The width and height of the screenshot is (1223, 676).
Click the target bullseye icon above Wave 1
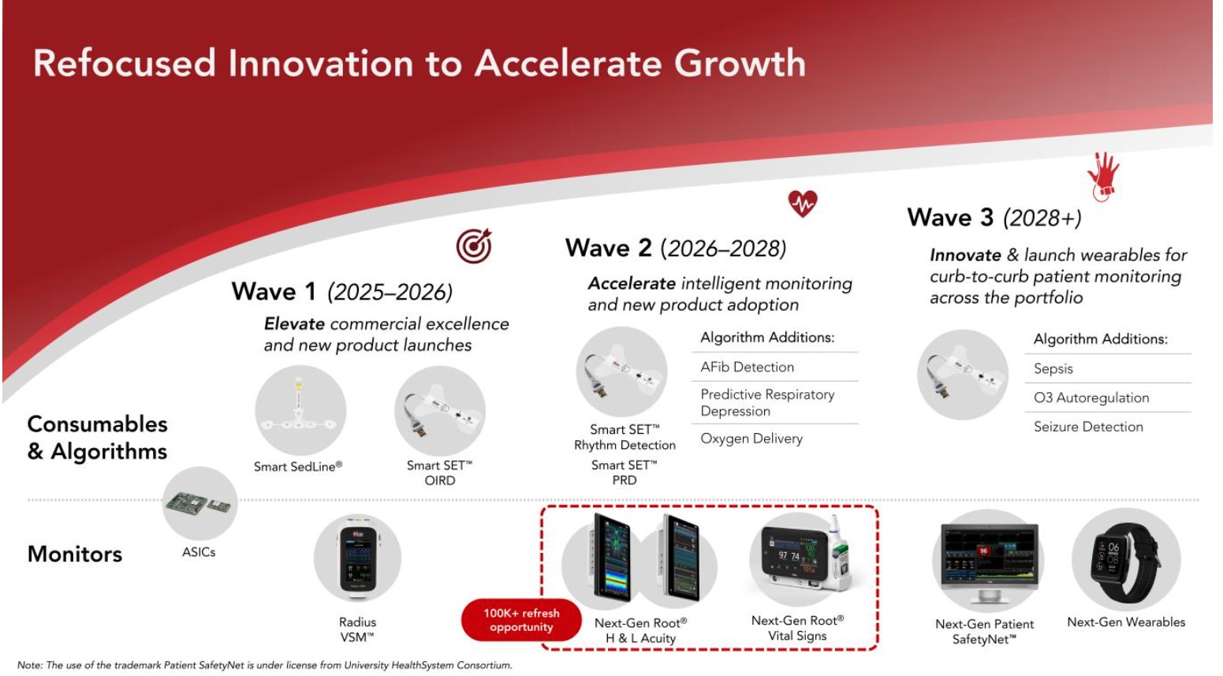[474, 246]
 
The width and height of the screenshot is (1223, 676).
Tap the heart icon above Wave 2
[803, 204]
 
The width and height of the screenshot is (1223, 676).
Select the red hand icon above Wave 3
[1102, 177]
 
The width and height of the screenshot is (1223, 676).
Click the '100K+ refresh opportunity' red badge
[521, 620]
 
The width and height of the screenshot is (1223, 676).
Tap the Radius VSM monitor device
[358, 558]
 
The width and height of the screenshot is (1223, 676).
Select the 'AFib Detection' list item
[747, 367]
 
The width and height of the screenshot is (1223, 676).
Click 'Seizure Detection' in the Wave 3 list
[1088, 427]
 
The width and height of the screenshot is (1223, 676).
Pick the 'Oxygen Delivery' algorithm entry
[751, 439]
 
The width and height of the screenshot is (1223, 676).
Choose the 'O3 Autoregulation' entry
[1091, 398]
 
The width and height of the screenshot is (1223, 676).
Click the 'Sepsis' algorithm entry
[1053, 368]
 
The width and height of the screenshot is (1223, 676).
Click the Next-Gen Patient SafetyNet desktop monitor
[989, 562]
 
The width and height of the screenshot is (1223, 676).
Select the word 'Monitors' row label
[75, 555]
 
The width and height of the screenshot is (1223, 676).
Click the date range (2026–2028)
[723, 249]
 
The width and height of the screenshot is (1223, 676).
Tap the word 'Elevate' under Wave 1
[294, 324]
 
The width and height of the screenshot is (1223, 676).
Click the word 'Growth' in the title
[740, 63]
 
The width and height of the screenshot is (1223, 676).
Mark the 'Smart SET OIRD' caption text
[439, 472]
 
